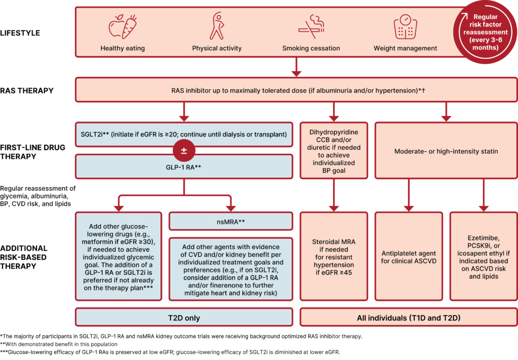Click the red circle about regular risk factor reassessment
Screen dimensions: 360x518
tap(488, 32)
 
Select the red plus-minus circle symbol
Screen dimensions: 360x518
tap(184, 150)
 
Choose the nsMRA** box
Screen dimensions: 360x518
tap(231, 222)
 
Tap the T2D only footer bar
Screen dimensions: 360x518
tap(184, 318)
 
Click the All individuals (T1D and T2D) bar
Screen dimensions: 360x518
tap(409, 318)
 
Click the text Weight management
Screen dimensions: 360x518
tap(405, 49)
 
